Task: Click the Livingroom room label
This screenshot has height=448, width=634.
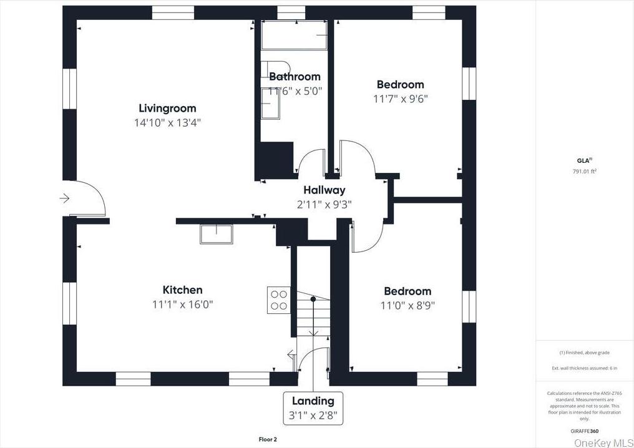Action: coord(167,108)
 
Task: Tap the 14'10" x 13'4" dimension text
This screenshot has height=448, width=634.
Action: coord(167,123)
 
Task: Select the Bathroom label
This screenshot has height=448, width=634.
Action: coord(295,77)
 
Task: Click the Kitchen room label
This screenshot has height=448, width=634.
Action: coord(182,290)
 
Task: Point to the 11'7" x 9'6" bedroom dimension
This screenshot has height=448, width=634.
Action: coord(401,99)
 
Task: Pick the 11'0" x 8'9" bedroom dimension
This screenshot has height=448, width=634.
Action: coord(407,306)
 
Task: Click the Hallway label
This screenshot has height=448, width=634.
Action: coord(324,190)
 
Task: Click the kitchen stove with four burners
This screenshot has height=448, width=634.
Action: coord(279,299)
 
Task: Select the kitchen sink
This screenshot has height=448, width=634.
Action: coord(216,233)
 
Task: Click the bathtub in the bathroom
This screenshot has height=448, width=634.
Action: coord(294,35)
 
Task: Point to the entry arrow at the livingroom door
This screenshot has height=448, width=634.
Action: coord(65,198)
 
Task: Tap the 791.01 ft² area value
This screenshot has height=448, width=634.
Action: coord(584,171)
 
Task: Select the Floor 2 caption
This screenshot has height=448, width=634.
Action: coord(267,439)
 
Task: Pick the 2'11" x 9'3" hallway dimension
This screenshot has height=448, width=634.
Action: coord(324,204)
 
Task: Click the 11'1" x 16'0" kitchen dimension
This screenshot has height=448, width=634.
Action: coord(182,304)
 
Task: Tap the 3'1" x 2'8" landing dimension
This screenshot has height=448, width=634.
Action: coord(313,416)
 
